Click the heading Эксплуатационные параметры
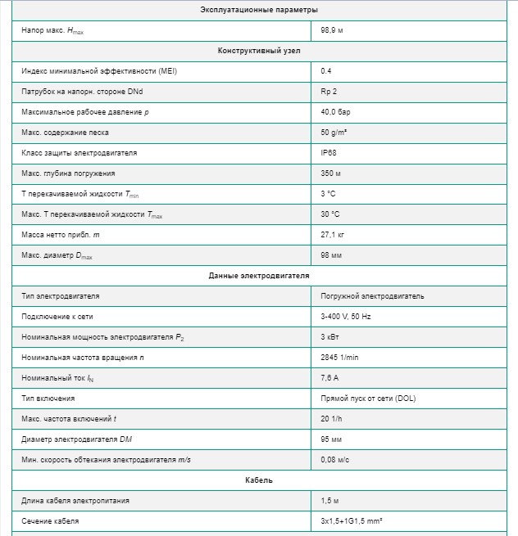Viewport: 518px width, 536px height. (258, 10)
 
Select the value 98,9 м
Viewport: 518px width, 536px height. (333, 30)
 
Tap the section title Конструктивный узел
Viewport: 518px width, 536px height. (258, 51)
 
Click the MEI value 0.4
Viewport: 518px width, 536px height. (326, 71)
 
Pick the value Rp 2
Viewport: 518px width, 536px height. (329, 92)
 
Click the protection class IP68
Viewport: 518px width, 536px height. (329, 153)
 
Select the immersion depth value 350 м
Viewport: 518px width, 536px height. (331, 173)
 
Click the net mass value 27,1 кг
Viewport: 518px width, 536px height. (333, 235)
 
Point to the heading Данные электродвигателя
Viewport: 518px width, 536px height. (258, 276)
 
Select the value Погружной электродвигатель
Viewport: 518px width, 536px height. (372, 296)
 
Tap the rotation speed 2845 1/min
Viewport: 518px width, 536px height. (340, 358)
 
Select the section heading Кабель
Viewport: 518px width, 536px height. (258, 480)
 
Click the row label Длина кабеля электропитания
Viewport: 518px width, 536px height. (75, 501)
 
